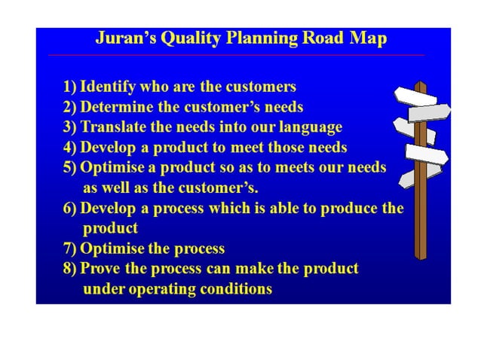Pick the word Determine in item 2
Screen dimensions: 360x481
coord(114,107)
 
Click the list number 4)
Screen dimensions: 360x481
coord(70,147)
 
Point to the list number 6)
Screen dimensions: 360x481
coord(70,208)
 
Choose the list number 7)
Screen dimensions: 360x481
coord(70,249)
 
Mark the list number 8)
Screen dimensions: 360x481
coord(70,269)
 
